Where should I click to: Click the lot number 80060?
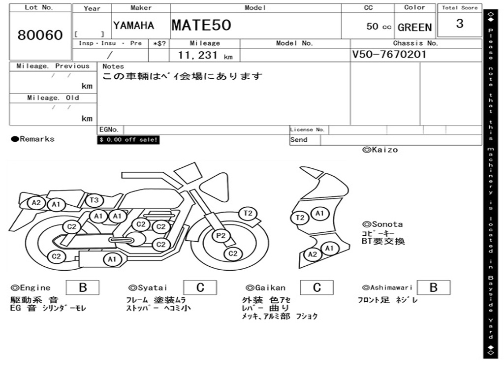click(x=40, y=35)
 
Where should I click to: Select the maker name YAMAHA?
click(x=133, y=26)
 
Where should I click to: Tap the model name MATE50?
click(x=201, y=25)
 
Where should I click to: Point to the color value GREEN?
click(x=414, y=28)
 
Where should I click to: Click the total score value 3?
click(x=460, y=24)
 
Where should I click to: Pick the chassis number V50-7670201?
click(x=389, y=54)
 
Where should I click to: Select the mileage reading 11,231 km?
click(x=205, y=55)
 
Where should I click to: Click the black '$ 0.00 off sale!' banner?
click(x=128, y=140)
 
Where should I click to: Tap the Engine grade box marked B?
click(x=83, y=287)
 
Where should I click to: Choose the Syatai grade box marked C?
click(x=200, y=287)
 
